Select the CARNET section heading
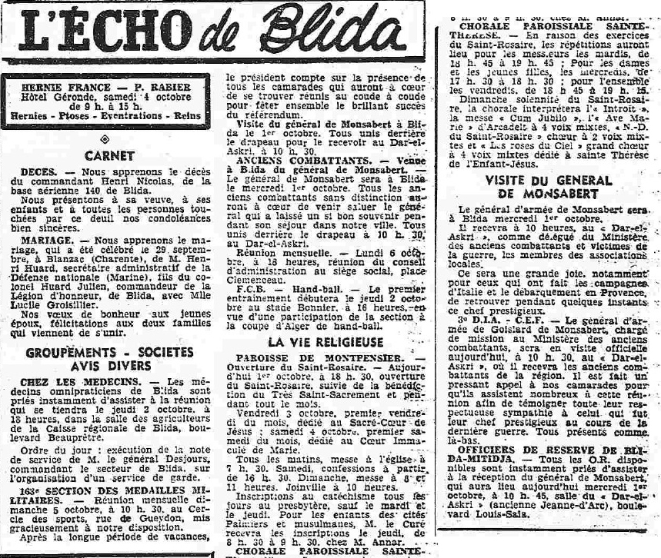click(x=109, y=156)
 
